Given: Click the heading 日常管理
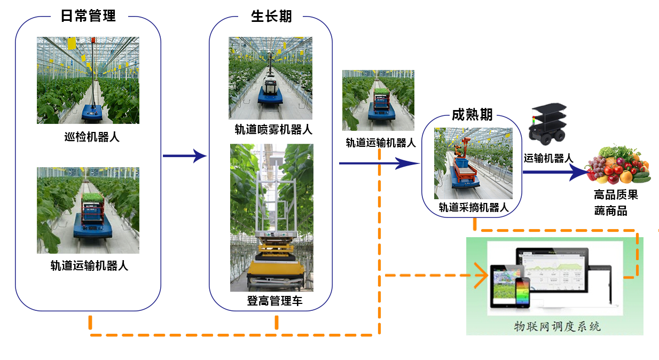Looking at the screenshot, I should pos(88,16).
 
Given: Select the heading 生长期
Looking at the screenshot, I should pos(271,16).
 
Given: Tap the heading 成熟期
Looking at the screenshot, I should pos(472,115).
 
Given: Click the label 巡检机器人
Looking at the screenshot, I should pos(88,137).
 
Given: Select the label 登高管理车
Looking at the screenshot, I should pos(274,301).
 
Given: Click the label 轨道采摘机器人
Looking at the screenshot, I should pos(473,208).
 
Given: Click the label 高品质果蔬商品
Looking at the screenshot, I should pos(616,203).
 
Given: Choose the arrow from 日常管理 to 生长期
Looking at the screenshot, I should pos(184,156).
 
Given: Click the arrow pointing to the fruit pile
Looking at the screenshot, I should pos(555,172).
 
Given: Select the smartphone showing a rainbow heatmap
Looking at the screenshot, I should pos(522,293).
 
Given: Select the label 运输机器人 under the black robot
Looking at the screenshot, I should pos(548,158).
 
